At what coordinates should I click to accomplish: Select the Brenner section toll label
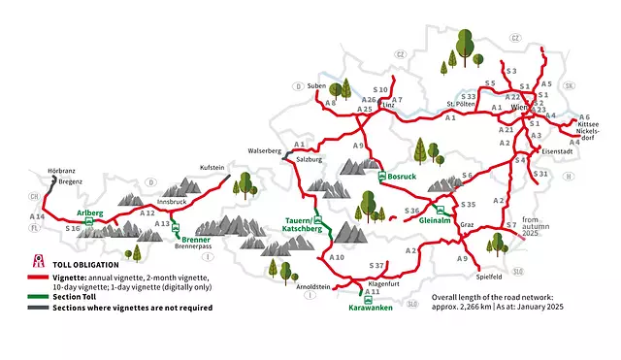(196, 239)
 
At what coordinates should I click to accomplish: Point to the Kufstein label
(212, 167)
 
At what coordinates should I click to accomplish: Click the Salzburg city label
(309, 159)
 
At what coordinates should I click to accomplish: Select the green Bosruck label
(401, 178)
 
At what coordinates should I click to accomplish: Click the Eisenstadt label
(562, 152)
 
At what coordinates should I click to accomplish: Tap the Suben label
(316, 85)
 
